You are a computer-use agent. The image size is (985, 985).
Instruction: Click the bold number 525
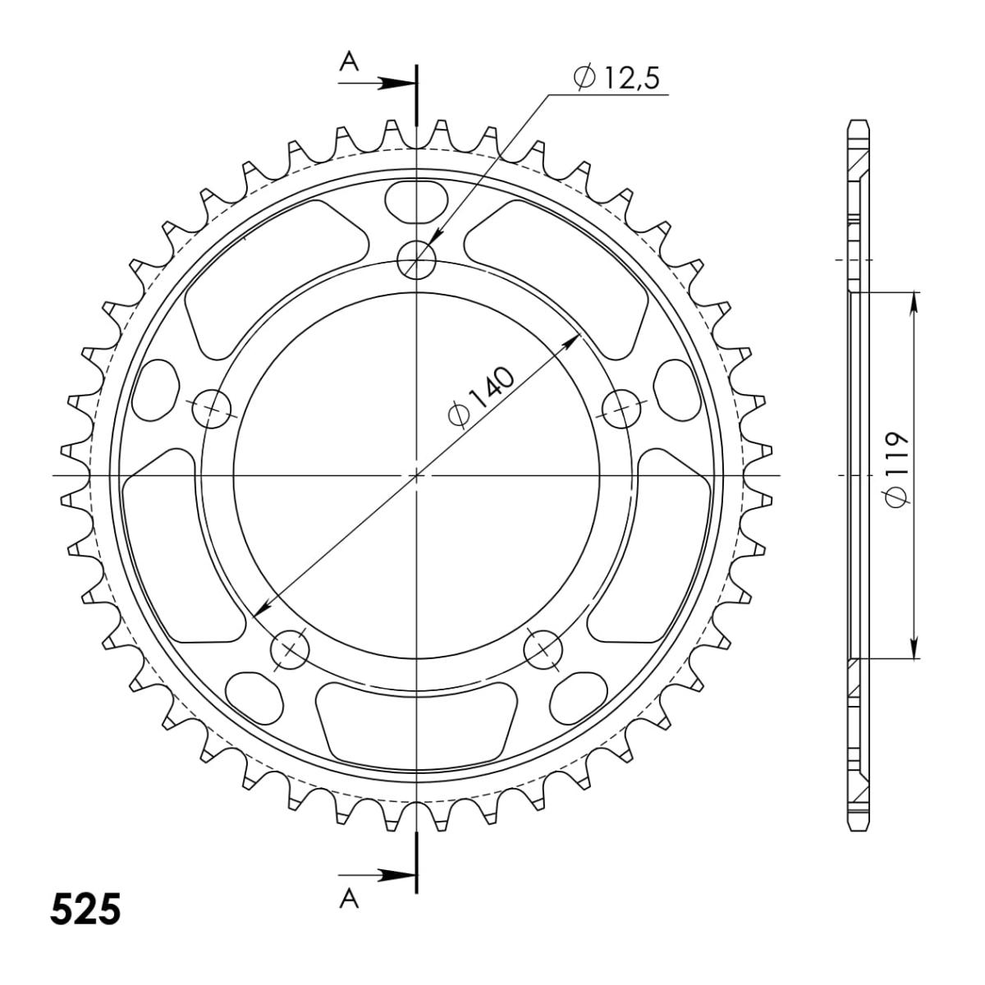[85, 909]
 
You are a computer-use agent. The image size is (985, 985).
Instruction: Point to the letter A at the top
[350, 62]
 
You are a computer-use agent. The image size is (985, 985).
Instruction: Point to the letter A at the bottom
[350, 900]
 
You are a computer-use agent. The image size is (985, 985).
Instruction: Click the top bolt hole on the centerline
[417, 261]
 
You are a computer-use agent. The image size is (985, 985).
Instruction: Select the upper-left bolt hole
[213, 407]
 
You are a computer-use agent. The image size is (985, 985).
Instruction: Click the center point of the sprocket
[417, 475]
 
